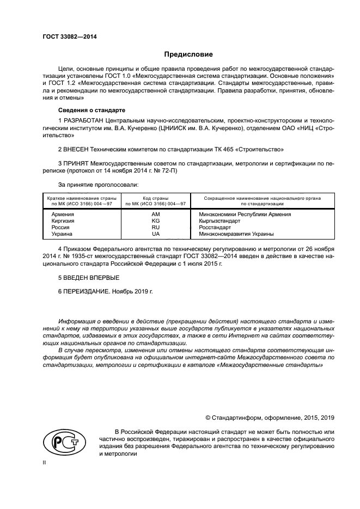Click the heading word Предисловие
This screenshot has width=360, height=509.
[189, 54]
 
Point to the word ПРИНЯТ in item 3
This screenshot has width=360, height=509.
[77, 163]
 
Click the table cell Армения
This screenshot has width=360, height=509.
[63, 214]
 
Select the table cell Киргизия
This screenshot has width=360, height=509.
[63, 221]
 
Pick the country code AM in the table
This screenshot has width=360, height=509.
[156, 214]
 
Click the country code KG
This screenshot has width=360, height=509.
[156, 221]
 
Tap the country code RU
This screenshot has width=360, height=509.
[156, 228]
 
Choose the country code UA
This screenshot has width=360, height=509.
[156, 234]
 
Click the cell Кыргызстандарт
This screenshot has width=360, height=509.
[219, 221]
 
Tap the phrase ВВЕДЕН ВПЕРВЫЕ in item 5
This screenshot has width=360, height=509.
[84, 278]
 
